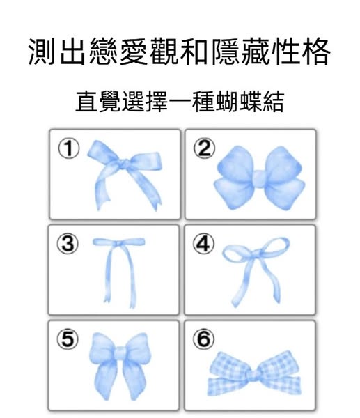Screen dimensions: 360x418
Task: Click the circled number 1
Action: click(69, 149)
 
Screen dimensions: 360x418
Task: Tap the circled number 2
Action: click(205, 149)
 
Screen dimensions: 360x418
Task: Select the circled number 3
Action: click(68, 243)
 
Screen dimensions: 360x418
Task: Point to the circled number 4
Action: click(203, 244)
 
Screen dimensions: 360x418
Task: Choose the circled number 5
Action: click(68, 339)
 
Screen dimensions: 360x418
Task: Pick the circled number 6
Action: click(203, 339)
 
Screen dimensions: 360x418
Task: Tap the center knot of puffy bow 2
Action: click(258, 178)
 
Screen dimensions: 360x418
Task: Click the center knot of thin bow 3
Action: click(118, 243)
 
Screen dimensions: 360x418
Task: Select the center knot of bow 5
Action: click(120, 353)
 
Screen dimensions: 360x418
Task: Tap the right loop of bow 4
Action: click(275, 246)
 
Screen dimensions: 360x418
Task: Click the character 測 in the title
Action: click(42, 52)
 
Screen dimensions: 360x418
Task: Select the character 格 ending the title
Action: click(316, 52)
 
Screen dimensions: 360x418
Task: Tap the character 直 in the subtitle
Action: click(87, 101)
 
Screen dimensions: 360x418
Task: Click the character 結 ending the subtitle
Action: click(274, 101)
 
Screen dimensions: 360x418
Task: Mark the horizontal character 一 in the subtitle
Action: click(180, 102)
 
